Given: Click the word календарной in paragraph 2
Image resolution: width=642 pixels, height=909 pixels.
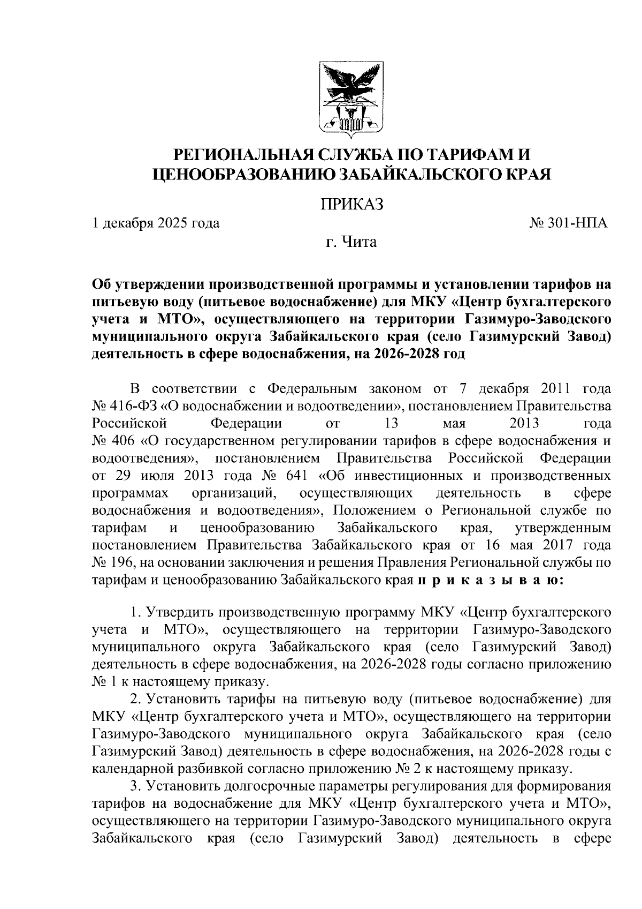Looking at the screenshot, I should coord(129,769).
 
